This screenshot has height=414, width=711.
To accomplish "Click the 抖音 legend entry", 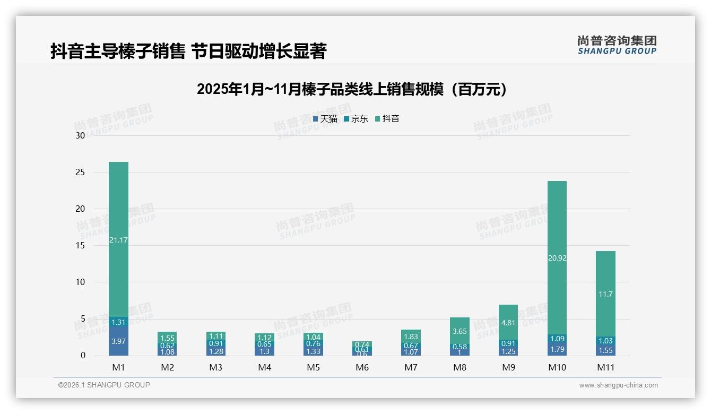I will pos(387,119).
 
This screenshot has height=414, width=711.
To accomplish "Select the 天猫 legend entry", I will pos(325,119).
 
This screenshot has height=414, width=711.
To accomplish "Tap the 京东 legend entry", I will pos(355,119).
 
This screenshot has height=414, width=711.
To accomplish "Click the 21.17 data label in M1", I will pos(118,240).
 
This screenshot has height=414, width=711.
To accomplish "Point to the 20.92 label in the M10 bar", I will pos(557,258).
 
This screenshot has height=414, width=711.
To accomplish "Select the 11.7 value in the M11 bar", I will pos(605,294).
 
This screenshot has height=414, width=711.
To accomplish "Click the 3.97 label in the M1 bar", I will pos(118,341).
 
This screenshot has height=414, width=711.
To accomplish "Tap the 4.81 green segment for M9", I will pos(508,322).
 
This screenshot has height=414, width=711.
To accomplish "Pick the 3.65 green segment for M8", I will pos(459,331).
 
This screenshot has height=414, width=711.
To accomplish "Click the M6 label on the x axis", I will pos(362,367).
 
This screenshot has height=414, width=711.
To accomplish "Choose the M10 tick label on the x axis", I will pos(557,367).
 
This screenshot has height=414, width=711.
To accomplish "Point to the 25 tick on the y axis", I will pos(80,172).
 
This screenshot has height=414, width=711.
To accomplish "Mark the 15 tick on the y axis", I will pos(80,246).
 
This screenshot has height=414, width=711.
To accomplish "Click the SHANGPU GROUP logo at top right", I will pos(617,45).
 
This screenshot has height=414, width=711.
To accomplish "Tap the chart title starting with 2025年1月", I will pos(352,89).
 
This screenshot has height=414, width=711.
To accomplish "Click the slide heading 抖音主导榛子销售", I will pos(188,51).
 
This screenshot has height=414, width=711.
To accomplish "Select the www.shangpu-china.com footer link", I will pos(618,385).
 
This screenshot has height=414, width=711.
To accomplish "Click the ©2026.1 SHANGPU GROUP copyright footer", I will pos(104,385).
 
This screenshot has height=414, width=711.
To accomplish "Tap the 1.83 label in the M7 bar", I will pos(411,337).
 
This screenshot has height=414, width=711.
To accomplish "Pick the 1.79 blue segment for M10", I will pos(557,349).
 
